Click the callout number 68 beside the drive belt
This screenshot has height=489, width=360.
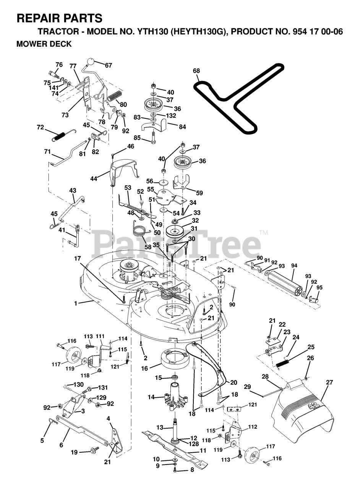(196, 71)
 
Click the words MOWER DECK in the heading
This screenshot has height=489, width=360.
(44, 44)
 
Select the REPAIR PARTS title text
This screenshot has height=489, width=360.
(59, 18)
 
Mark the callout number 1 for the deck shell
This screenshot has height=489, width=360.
(76, 303)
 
